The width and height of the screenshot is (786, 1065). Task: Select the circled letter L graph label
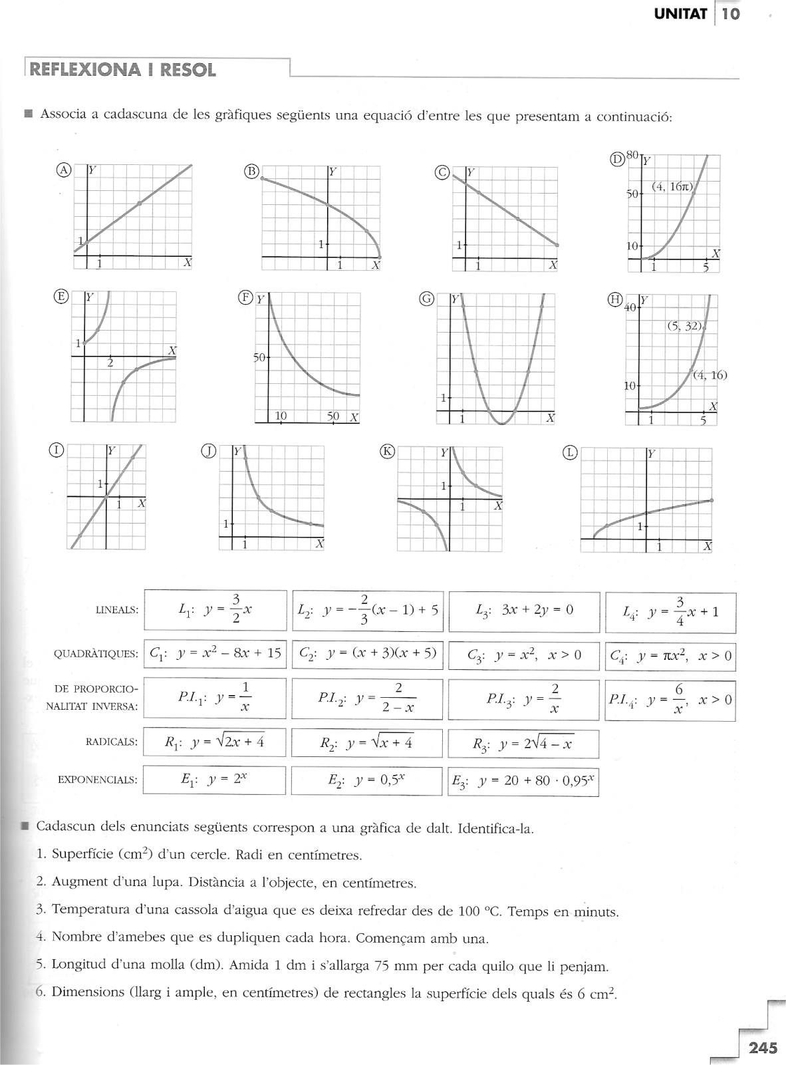tap(570, 453)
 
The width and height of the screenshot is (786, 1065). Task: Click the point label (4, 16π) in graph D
tap(672, 187)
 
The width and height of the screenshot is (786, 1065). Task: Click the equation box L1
tap(215, 610)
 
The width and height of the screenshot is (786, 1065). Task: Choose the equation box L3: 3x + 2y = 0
tap(524, 610)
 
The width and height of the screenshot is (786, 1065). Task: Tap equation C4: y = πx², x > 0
tap(670, 657)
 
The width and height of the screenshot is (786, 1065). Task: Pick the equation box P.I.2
tap(366, 699)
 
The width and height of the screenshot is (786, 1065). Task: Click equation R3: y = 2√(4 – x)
tap(523, 744)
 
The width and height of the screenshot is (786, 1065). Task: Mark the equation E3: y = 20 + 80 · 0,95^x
tap(523, 782)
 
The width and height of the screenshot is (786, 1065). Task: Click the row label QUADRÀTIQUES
tap(96, 654)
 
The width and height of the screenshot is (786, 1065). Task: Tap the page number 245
tap(763, 1048)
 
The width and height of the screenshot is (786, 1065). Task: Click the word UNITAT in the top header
tap(680, 14)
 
